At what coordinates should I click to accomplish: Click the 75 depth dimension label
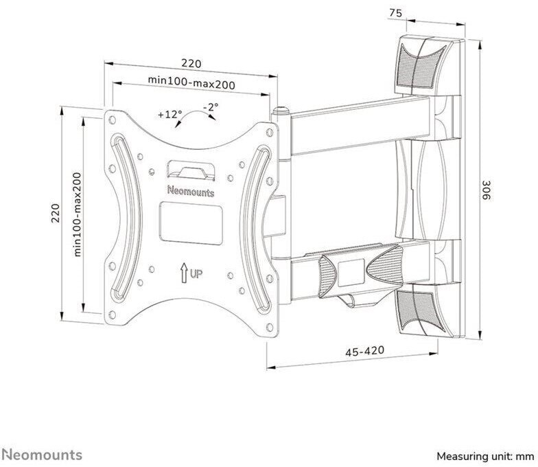395,13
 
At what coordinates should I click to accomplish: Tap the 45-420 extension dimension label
365,351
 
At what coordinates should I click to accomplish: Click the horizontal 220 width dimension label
191,63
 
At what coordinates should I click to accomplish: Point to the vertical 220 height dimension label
56,213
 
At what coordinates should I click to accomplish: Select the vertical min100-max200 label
78,214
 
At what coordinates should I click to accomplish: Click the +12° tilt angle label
170,114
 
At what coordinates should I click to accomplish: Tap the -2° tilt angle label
210,107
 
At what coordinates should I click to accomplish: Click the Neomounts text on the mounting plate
191,191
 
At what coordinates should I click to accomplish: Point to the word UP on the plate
196,273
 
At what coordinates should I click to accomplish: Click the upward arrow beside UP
184,273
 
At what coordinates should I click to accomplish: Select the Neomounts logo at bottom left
41,455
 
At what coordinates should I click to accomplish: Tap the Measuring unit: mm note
485,456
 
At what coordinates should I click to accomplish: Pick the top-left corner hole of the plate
112,119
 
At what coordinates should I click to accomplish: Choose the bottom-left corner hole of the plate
112,315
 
